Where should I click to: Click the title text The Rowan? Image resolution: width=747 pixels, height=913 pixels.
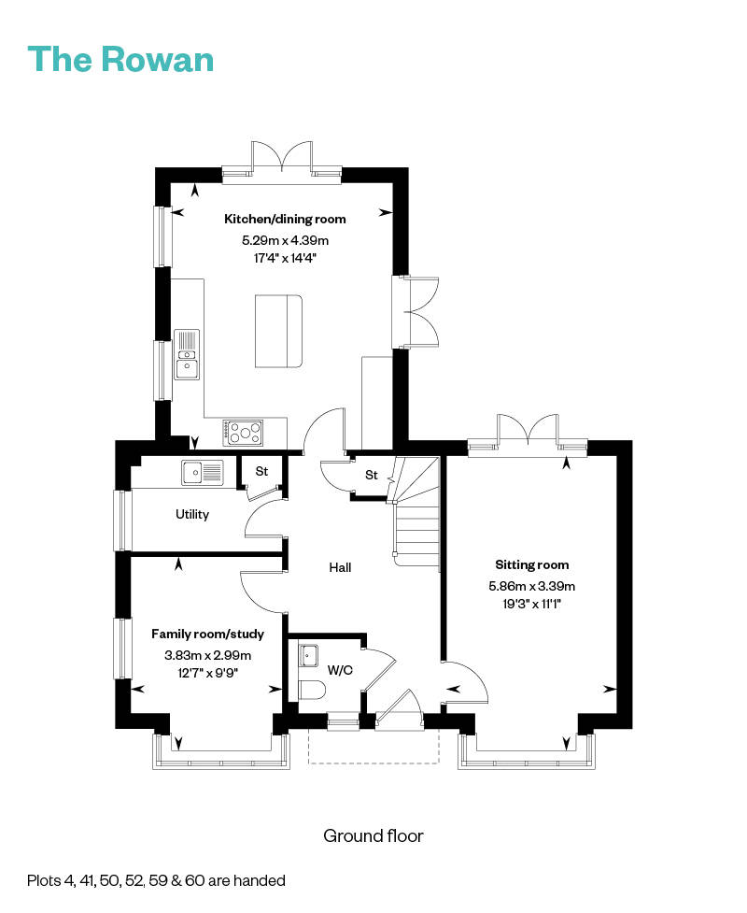coord(121,59)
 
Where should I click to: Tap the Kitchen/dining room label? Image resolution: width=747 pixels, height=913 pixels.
coord(285,220)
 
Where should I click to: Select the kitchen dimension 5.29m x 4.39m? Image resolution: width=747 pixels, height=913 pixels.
coord(285,240)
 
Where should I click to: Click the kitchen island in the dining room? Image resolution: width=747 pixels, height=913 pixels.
coord(278,332)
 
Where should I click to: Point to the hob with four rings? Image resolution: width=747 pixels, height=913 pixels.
coord(244,432)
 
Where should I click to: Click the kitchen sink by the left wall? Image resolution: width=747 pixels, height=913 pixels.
coord(187,354)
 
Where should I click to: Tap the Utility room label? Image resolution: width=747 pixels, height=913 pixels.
coord(192,514)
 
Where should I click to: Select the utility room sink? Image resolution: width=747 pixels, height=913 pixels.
coord(203,473)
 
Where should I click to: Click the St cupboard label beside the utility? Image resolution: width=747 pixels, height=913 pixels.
coord(261,472)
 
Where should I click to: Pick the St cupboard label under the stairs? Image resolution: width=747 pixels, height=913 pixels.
coord(371,476)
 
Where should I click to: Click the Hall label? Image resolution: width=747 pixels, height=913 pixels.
coord(340,567)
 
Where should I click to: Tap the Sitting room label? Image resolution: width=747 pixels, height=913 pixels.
coord(531,564)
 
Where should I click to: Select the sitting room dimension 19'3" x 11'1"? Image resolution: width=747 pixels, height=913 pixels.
coord(531,604)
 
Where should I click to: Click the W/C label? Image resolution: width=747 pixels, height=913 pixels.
coord(340,669)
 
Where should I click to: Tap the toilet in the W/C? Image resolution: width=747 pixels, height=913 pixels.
coord(312,691)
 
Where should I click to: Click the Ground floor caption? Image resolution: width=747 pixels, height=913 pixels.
coord(373,835)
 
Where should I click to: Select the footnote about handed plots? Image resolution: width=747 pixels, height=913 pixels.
coord(156,880)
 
